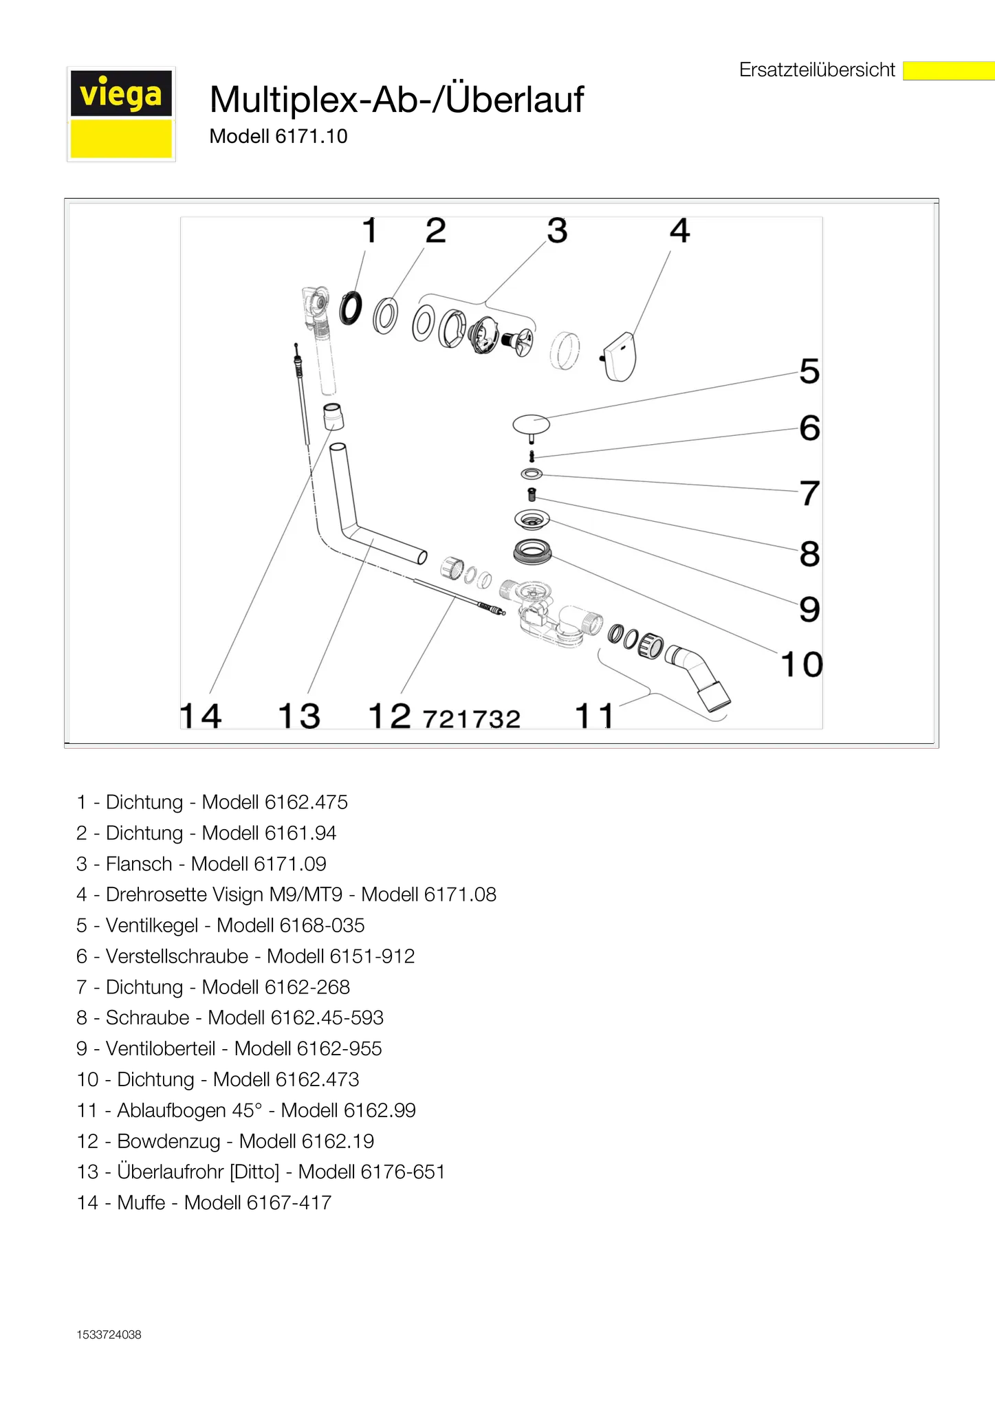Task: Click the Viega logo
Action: (121, 114)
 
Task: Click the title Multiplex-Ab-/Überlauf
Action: (397, 99)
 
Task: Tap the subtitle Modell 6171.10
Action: (278, 136)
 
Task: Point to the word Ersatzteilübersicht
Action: (817, 70)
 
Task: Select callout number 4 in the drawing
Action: (679, 231)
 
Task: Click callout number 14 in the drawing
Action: (201, 716)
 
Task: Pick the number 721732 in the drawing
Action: (472, 719)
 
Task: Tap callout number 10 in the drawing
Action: (802, 665)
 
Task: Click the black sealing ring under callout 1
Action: (351, 308)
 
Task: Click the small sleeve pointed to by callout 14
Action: (334, 417)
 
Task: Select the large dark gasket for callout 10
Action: (532, 552)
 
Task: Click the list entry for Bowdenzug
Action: (226, 1141)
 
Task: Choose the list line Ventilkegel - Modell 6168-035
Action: (221, 925)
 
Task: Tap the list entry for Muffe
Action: (204, 1202)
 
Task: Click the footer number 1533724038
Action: (109, 1334)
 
